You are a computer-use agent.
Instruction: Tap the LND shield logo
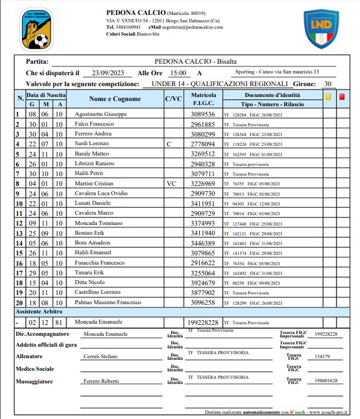click(321, 29)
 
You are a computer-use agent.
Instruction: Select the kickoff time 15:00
click(177, 73)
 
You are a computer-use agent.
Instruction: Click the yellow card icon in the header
click(328, 97)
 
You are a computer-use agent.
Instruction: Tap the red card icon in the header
click(342, 97)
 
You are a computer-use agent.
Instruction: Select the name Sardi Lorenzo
click(91, 144)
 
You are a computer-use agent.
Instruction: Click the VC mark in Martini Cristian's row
click(171, 183)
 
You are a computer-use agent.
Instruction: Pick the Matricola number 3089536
click(203, 114)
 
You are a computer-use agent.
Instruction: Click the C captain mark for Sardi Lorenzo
click(169, 144)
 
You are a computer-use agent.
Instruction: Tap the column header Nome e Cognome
click(115, 99)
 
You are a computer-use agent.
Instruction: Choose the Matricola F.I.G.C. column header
click(203, 99)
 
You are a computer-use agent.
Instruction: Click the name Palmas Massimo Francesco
click(107, 302)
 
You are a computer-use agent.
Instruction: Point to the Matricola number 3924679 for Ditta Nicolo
click(203, 282)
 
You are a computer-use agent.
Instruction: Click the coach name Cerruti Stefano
click(100, 356)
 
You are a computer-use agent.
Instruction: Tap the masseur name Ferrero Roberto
click(101, 381)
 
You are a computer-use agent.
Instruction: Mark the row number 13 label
click(18, 233)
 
